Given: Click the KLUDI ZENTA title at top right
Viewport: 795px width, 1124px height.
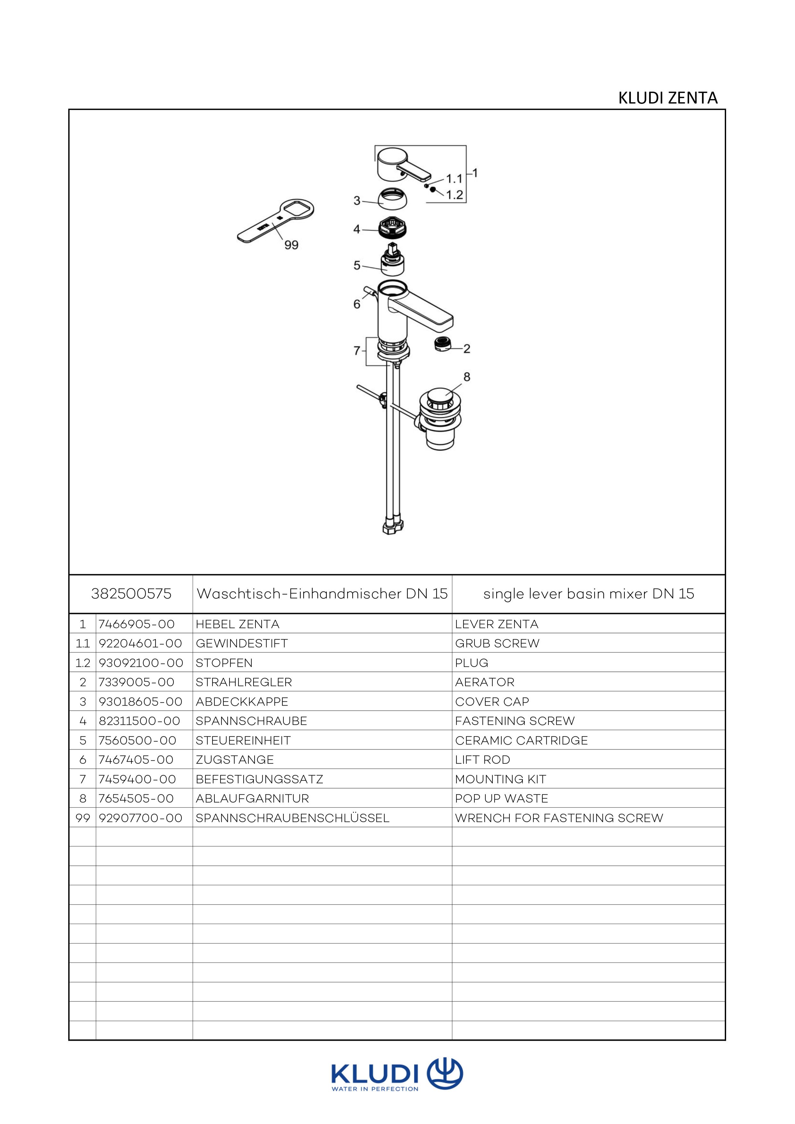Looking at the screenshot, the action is pyautogui.click(x=668, y=98).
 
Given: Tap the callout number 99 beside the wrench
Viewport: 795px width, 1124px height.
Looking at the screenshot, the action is pyautogui.click(x=291, y=245).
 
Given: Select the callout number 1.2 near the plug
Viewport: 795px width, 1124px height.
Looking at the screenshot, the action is pyautogui.click(x=455, y=195).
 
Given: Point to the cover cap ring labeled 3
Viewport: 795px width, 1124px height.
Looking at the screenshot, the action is pyautogui.click(x=394, y=197).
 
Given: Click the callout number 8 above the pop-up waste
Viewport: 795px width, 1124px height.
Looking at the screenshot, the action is pyautogui.click(x=466, y=376).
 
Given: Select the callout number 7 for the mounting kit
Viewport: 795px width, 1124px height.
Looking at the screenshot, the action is pyautogui.click(x=356, y=351).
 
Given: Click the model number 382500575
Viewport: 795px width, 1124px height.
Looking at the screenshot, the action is pyautogui.click(x=131, y=594).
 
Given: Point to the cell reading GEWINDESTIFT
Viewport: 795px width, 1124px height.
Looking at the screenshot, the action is pyautogui.click(x=241, y=643).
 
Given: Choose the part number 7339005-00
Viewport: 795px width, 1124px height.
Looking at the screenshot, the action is pyautogui.click(x=137, y=682).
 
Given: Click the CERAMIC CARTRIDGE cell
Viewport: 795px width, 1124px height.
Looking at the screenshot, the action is pyautogui.click(x=521, y=740).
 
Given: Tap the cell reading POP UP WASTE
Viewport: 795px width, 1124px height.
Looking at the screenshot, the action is pyautogui.click(x=502, y=798).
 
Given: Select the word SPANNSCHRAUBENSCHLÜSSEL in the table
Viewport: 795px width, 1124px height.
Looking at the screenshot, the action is pyautogui.click(x=292, y=818).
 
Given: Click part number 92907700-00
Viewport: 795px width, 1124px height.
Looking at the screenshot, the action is pyautogui.click(x=141, y=818).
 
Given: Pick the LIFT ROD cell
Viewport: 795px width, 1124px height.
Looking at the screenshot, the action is pyautogui.click(x=482, y=760).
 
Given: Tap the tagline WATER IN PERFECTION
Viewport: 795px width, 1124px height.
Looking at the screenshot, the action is pyautogui.click(x=375, y=1089).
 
